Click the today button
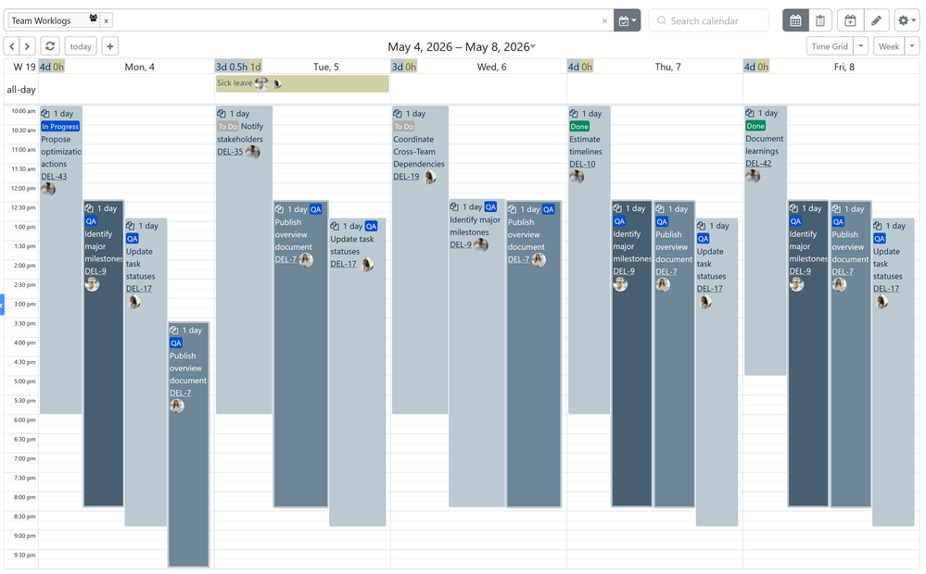(81, 46)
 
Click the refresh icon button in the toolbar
(50, 46)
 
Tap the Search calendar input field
(709, 20)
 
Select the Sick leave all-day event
(302, 83)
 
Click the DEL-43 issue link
(54, 177)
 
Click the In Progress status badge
(60, 126)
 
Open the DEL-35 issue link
(230, 152)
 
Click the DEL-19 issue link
(406, 177)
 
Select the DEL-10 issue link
(582, 164)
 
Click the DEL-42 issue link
(758, 164)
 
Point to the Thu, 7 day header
(667, 67)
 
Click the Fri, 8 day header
(844, 67)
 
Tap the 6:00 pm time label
(23, 420)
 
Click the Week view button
(889, 46)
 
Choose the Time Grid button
(830, 46)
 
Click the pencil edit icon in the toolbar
(876, 20)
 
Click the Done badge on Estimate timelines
(579, 126)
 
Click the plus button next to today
(110, 46)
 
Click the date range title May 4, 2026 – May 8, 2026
(458, 46)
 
